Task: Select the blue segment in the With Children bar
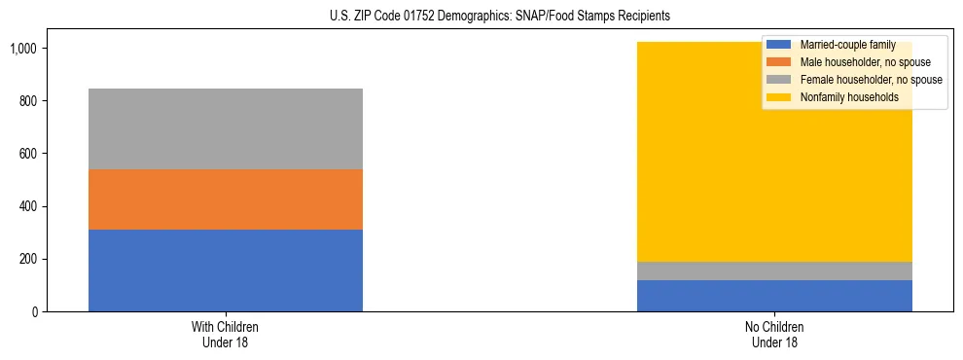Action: (x=226, y=270)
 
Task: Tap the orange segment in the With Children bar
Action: (x=226, y=199)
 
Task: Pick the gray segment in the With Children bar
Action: (x=226, y=128)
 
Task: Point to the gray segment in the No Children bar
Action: (x=774, y=270)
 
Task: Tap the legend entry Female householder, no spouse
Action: (x=870, y=80)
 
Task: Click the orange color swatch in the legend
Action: (x=779, y=62)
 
